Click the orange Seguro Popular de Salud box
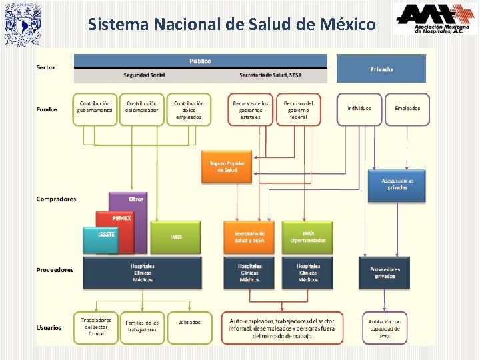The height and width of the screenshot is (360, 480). coord(227,167)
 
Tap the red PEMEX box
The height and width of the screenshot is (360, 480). coord(121,218)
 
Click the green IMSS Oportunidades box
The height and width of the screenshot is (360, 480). coord(308,237)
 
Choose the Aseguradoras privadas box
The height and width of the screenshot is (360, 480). coord(397,184)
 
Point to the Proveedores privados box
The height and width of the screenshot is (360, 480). coord(385,273)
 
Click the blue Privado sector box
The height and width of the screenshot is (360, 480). coord(381,69)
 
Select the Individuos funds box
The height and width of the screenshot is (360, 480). coord(359,109)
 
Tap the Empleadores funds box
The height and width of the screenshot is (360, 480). coord(407,109)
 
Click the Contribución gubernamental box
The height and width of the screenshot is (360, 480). coord(95,109)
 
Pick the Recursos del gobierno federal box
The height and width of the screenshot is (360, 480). coord(299,109)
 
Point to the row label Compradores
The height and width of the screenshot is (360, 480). coord(56,199)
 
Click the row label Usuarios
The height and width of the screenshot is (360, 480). coord(49,327)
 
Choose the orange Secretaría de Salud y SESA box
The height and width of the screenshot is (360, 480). coord(249,237)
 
